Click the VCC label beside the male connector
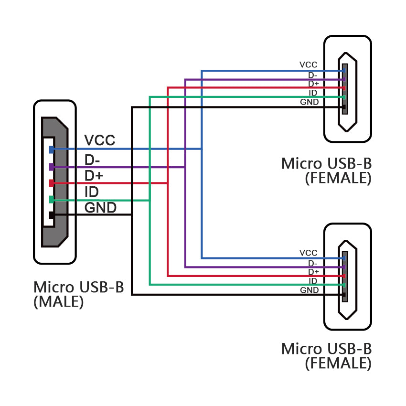[x=99, y=140]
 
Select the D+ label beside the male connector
[x=94, y=175]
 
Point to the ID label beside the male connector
[x=91, y=192]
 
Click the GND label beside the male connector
[x=100, y=208]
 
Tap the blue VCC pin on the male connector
[x=52, y=150]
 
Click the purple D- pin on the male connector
[x=52, y=167]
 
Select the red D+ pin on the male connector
[x=52, y=183]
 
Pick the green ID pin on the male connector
[x=52, y=200]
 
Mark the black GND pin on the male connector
[x=52, y=215]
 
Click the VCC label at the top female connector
[x=308, y=65]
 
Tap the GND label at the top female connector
[x=309, y=102]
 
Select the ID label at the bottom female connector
[x=313, y=281]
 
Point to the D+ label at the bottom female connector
[x=313, y=272]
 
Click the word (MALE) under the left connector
[x=59, y=302]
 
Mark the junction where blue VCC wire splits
[x=202, y=149]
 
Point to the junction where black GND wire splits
[x=132, y=214]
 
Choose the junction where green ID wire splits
[x=150, y=200]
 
